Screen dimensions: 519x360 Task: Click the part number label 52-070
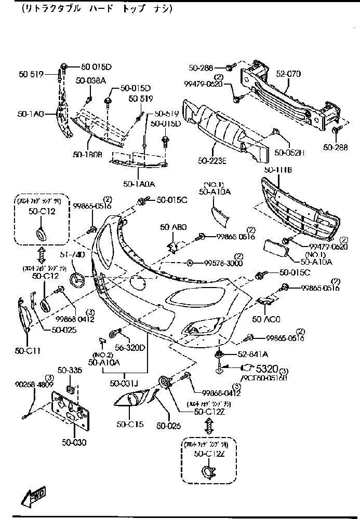click(288, 74)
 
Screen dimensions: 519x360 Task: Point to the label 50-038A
click(90, 80)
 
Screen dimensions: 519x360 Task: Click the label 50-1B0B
click(87, 154)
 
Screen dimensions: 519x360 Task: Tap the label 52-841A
click(253, 354)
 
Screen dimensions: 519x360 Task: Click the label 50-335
click(70, 370)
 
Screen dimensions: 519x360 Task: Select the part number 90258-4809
click(34, 385)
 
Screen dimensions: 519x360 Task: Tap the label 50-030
click(73, 442)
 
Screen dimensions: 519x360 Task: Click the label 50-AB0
click(173, 227)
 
